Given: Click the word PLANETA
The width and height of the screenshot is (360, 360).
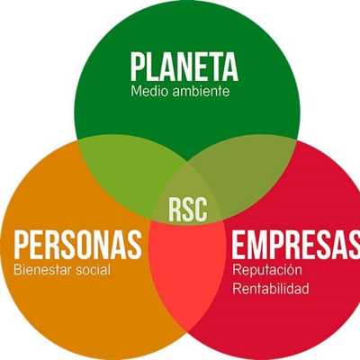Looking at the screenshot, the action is point(184,67).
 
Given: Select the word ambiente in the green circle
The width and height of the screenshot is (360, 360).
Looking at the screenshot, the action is point(202,91).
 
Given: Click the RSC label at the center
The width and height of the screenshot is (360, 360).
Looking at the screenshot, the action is point(188,209).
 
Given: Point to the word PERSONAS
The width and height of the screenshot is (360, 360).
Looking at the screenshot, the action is point(78,244).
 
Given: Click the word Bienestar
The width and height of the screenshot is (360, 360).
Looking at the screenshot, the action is point(42,269).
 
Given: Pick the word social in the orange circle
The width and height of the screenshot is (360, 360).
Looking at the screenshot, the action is point(93,269).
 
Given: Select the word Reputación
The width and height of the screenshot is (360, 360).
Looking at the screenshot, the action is point(267,270).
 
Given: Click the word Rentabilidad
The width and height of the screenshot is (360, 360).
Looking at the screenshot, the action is point(271,289).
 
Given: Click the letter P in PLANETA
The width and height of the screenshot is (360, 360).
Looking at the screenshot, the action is point(138,67).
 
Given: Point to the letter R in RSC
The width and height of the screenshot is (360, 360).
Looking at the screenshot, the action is point(175,209).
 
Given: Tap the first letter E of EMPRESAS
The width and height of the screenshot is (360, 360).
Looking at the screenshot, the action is point(238,244).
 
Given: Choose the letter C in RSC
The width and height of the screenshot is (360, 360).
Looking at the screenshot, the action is point(201,209).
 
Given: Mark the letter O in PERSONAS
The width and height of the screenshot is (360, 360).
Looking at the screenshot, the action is point(92,244).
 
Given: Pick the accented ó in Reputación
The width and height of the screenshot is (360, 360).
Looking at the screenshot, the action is point(287,270).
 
